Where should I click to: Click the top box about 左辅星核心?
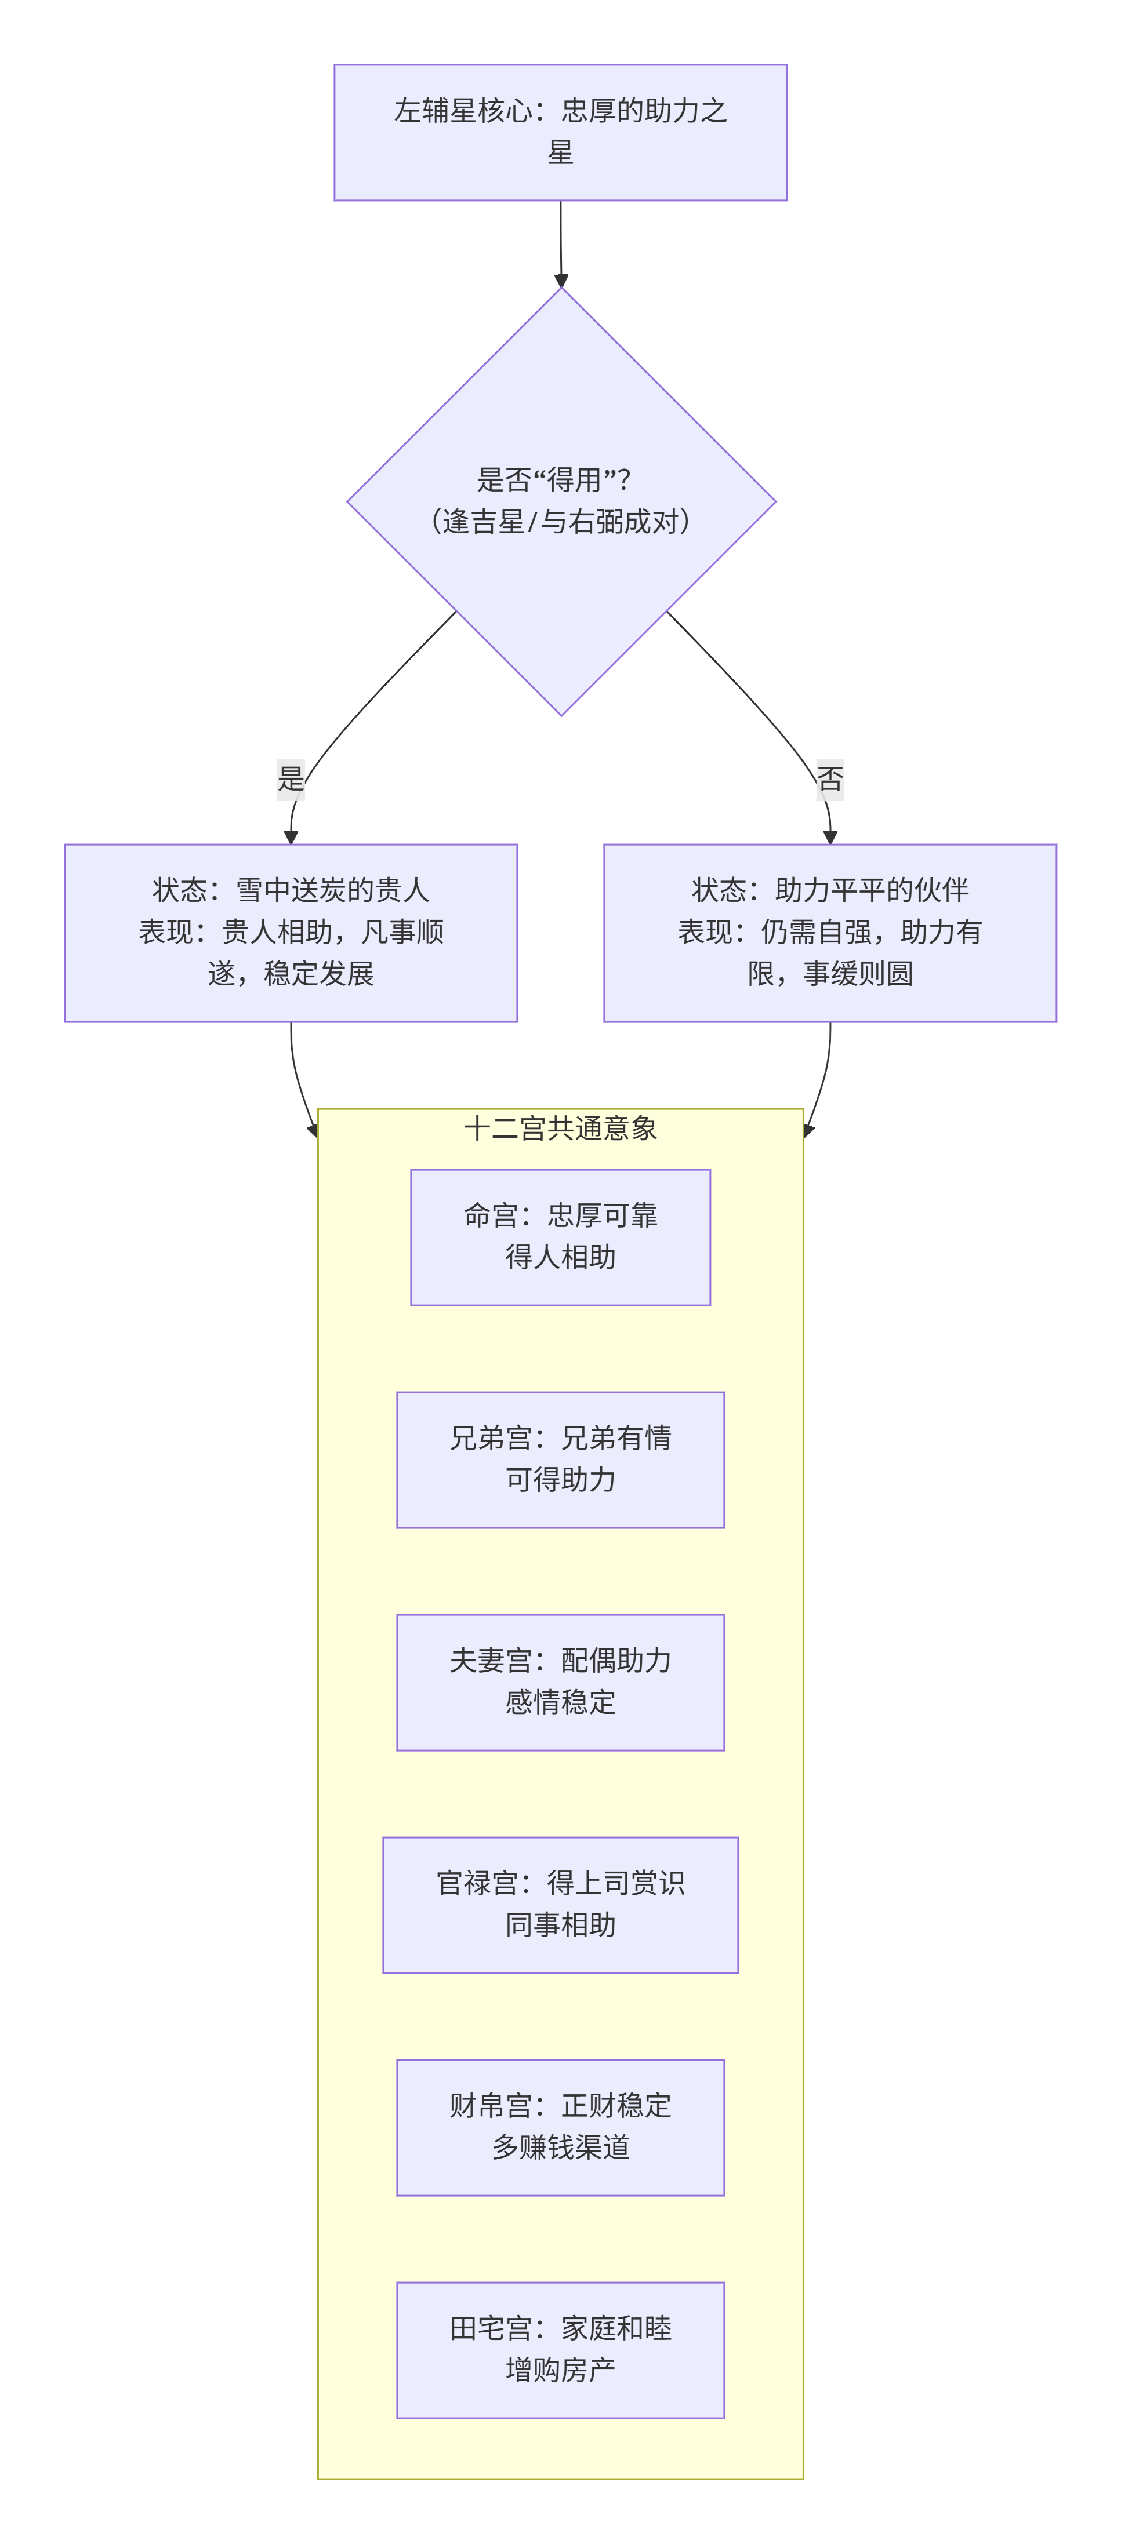click(x=560, y=132)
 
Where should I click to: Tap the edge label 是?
click(x=291, y=778)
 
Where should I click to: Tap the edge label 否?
click(x=830, y=778)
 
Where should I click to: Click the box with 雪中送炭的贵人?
click(x=291, y=932)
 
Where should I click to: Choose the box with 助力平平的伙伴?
click(x=830, y=932)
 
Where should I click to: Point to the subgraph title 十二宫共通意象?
click(x=560, y=1128)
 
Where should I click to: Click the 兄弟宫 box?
click(x=560, y=1459)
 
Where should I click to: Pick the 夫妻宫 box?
click(x=560, y=1682)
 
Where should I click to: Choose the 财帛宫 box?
click(x=560, y=2127)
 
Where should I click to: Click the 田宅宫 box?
click(x=560, y=2349)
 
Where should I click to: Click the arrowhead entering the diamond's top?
click(x=561, y=281)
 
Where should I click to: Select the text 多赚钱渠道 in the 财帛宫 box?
click(x=560, y=2147)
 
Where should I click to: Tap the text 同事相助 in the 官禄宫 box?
click(x=560, y=1925)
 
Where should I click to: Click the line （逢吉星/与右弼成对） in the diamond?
click(x=560, y=522)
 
